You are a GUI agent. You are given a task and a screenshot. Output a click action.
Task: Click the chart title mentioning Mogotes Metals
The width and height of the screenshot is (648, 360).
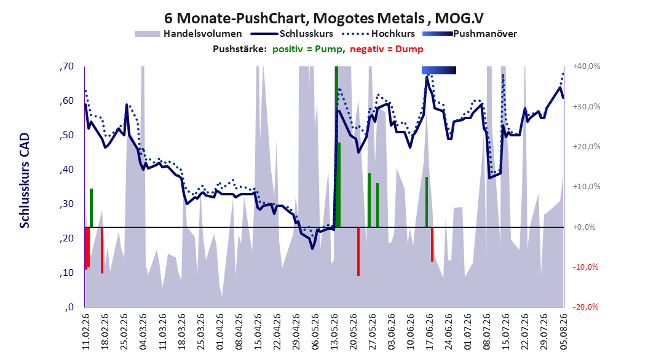tap(323, 18)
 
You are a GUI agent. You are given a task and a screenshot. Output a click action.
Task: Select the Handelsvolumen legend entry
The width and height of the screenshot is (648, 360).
tap(188, 34)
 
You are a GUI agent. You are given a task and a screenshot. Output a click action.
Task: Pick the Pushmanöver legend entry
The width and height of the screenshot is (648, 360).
tap(470, 34)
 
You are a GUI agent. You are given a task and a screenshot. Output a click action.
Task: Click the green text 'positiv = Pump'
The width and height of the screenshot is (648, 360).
tap(307, 49)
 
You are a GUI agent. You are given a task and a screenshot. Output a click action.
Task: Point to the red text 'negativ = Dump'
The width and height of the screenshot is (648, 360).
tap(387, 49)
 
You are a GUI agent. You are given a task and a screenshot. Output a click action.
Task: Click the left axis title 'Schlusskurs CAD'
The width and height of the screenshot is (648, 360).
tap(25, 181)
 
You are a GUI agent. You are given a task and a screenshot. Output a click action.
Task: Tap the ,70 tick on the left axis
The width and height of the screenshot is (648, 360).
tap(66, 66)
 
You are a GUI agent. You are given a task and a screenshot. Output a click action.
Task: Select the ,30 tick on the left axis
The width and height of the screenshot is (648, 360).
tap(66, 204)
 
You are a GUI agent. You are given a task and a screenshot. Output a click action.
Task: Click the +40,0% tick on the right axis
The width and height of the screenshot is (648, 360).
tap(587, 66)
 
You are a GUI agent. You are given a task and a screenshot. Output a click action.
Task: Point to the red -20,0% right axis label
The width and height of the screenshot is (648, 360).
tap(585, 307)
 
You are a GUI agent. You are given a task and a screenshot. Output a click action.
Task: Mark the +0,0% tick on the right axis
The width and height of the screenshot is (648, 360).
tap(584, 227)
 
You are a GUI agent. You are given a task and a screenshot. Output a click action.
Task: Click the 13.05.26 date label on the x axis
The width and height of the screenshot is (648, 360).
tap(334, 332)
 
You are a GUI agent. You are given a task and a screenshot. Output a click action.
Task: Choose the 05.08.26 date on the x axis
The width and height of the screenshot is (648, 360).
tap(563, 332)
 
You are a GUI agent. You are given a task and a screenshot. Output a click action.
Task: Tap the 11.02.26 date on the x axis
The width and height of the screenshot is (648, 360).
tap(86, 332)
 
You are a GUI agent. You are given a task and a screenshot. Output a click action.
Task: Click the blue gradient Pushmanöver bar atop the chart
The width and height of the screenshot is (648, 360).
tap(439, 70)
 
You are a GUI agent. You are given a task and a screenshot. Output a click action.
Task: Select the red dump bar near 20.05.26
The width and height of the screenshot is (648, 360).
tap(358, 251)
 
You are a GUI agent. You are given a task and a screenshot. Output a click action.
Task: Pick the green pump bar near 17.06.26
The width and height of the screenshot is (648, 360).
tap(427, 202)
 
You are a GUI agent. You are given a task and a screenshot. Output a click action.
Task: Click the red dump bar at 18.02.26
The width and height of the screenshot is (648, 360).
tap(101, 250)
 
